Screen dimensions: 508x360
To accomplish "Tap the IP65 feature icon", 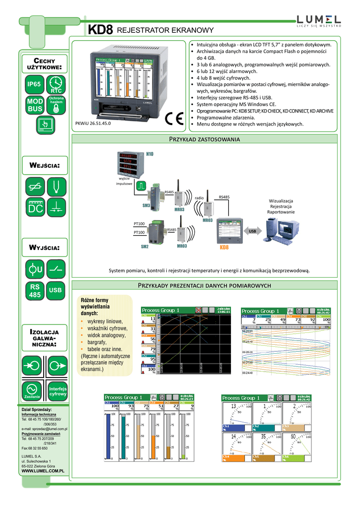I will click(34, 84).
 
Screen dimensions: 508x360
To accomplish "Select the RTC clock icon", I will click(56, 84).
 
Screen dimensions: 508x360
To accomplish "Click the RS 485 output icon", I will click(34, 291).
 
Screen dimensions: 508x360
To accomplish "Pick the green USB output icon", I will click(56, 290).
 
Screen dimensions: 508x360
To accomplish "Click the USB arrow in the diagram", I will click(252, 231).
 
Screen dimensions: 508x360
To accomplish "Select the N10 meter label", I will click(150, 154).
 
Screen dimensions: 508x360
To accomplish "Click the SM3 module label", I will click(146, 205).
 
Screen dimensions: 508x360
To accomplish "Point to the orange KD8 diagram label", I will click(224, 247).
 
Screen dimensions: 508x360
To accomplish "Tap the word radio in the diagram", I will click(200, 197).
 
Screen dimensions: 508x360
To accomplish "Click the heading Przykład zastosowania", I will click(205, 139).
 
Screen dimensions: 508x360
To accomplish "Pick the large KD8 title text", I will click(101, 30).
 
